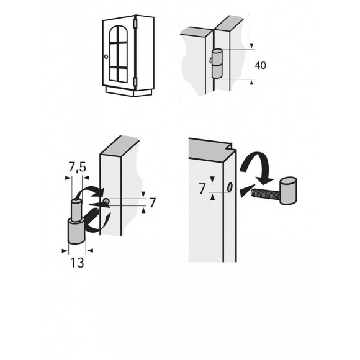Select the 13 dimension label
point(78,263)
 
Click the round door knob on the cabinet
point(107,56)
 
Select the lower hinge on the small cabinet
point(135,81)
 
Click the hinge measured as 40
point(216,63)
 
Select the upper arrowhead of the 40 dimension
point(251,46)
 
